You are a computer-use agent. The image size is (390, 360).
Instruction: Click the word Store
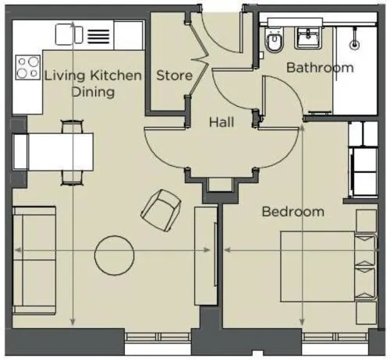click(175, 76)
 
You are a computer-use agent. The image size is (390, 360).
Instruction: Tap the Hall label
click(222, 122)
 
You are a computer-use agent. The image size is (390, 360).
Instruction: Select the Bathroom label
click(320, 68)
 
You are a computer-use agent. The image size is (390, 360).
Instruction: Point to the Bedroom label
click(293, 212)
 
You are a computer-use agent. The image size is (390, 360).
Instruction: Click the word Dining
click(93, 92)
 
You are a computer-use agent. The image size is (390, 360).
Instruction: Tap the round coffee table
click(115, 256)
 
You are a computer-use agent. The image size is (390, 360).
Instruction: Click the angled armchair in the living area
click(161, 210)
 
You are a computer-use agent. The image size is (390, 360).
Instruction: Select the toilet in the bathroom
click(273, 41)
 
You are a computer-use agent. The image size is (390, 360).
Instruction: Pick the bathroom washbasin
click(308, 38)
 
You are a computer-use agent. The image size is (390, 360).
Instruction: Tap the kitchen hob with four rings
click(28, 67)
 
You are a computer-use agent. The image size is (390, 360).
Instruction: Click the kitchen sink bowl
click(65, 34)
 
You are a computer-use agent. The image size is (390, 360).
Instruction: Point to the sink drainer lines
click(98, 37)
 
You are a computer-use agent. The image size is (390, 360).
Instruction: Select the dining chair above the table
click(73, 126)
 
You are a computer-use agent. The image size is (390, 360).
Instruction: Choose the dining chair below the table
click(72, 178)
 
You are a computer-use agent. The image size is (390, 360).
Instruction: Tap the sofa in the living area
click(34, 260)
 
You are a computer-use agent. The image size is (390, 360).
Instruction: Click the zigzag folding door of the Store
click(199, 59)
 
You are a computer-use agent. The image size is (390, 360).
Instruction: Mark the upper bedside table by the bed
click(367, 221)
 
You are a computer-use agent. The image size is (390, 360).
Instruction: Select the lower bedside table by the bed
click(367, 312)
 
